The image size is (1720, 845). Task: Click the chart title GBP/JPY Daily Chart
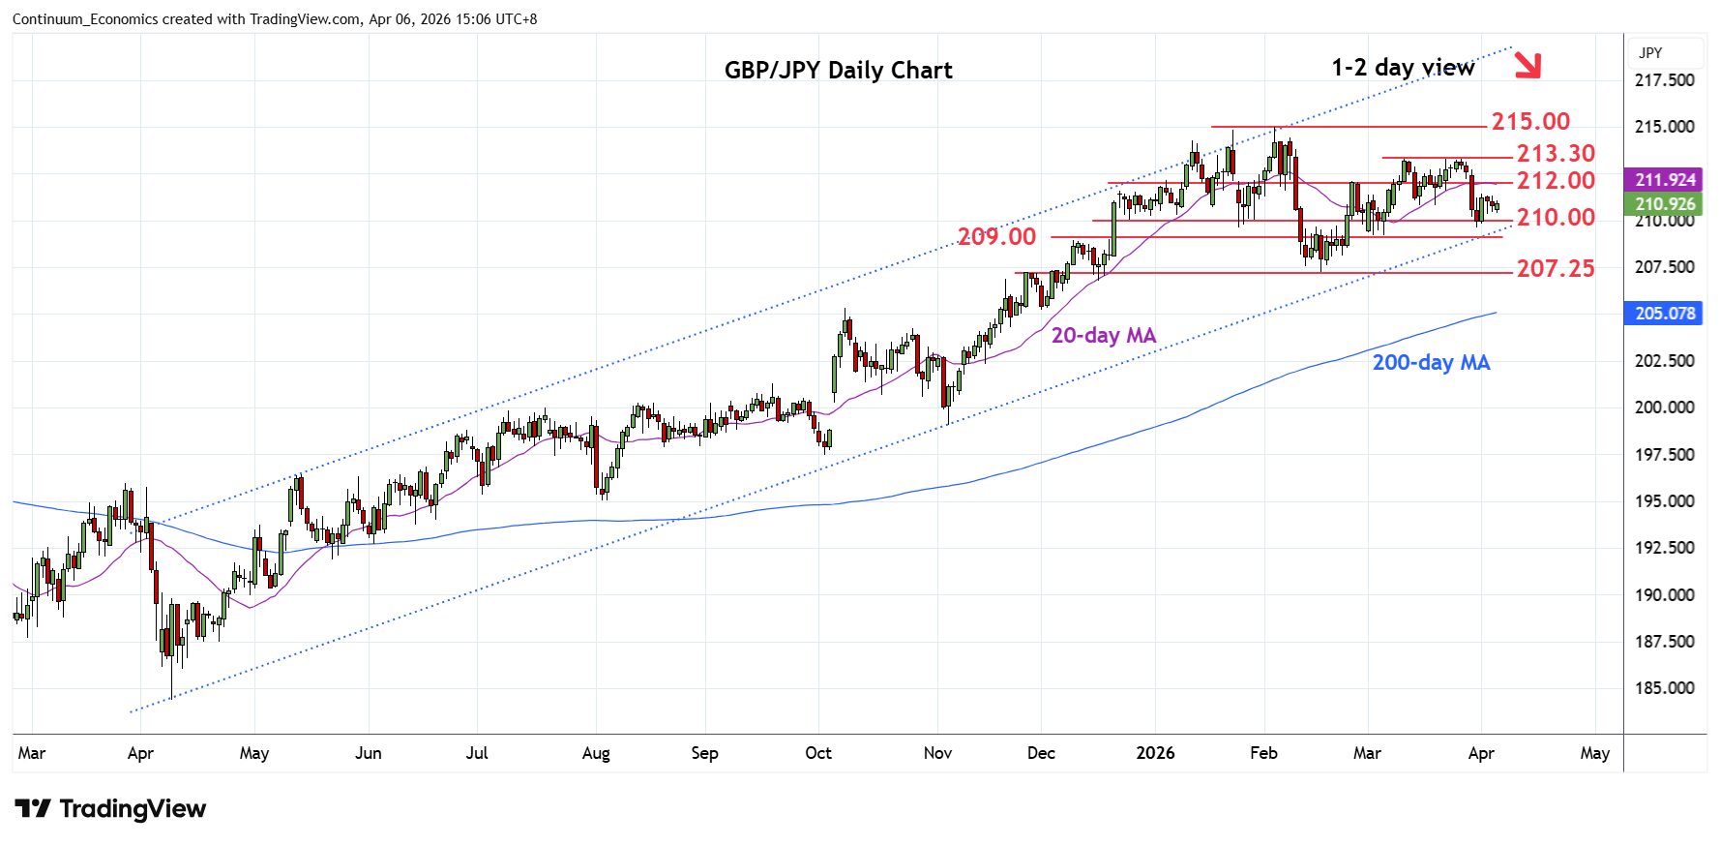pyautogui.click(x=838, y=70)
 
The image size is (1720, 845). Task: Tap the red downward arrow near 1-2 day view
pyautogui.click(x=1527, y=65)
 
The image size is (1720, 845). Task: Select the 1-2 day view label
pyautogui.click(x=1402, y=67)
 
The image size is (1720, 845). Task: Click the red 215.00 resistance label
pyautogui.click(x=1530, y=121)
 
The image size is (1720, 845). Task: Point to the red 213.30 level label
pyautogui.click(x=1556, y=153)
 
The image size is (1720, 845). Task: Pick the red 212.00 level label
pyautogui.click(x=1556, y=180)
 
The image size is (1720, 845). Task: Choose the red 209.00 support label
pyautogui.click(x=996, y=236)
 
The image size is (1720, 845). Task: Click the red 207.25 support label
pyautogui.click(x=1556, y=268)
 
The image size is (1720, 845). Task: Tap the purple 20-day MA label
pyautogui.click(x=1104, y=335)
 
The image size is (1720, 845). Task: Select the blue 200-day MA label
pyautogui.click(x=1431, y=362)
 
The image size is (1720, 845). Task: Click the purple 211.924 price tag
pyautogui.click(x=1665, y=180)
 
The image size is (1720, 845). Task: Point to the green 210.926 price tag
pyautogui.click(x=1665, y=204)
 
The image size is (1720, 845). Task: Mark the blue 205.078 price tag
pyautogui.click(x=1665, y=314)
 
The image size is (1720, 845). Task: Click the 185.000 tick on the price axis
pyautogui.click(x=1664, y=688)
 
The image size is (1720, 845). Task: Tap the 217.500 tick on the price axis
pyautogui.click(x=1664, y=80)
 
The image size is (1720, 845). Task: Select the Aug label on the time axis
pyautogui.click(x=596, y=753)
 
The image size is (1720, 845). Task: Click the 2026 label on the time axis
pyautogui.click(x=1155, y=753)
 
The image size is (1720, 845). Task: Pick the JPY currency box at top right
pyautogui.click(x=1651, y=53)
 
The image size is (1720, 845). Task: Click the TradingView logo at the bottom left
pyautogui.click(x=110, y=809)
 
